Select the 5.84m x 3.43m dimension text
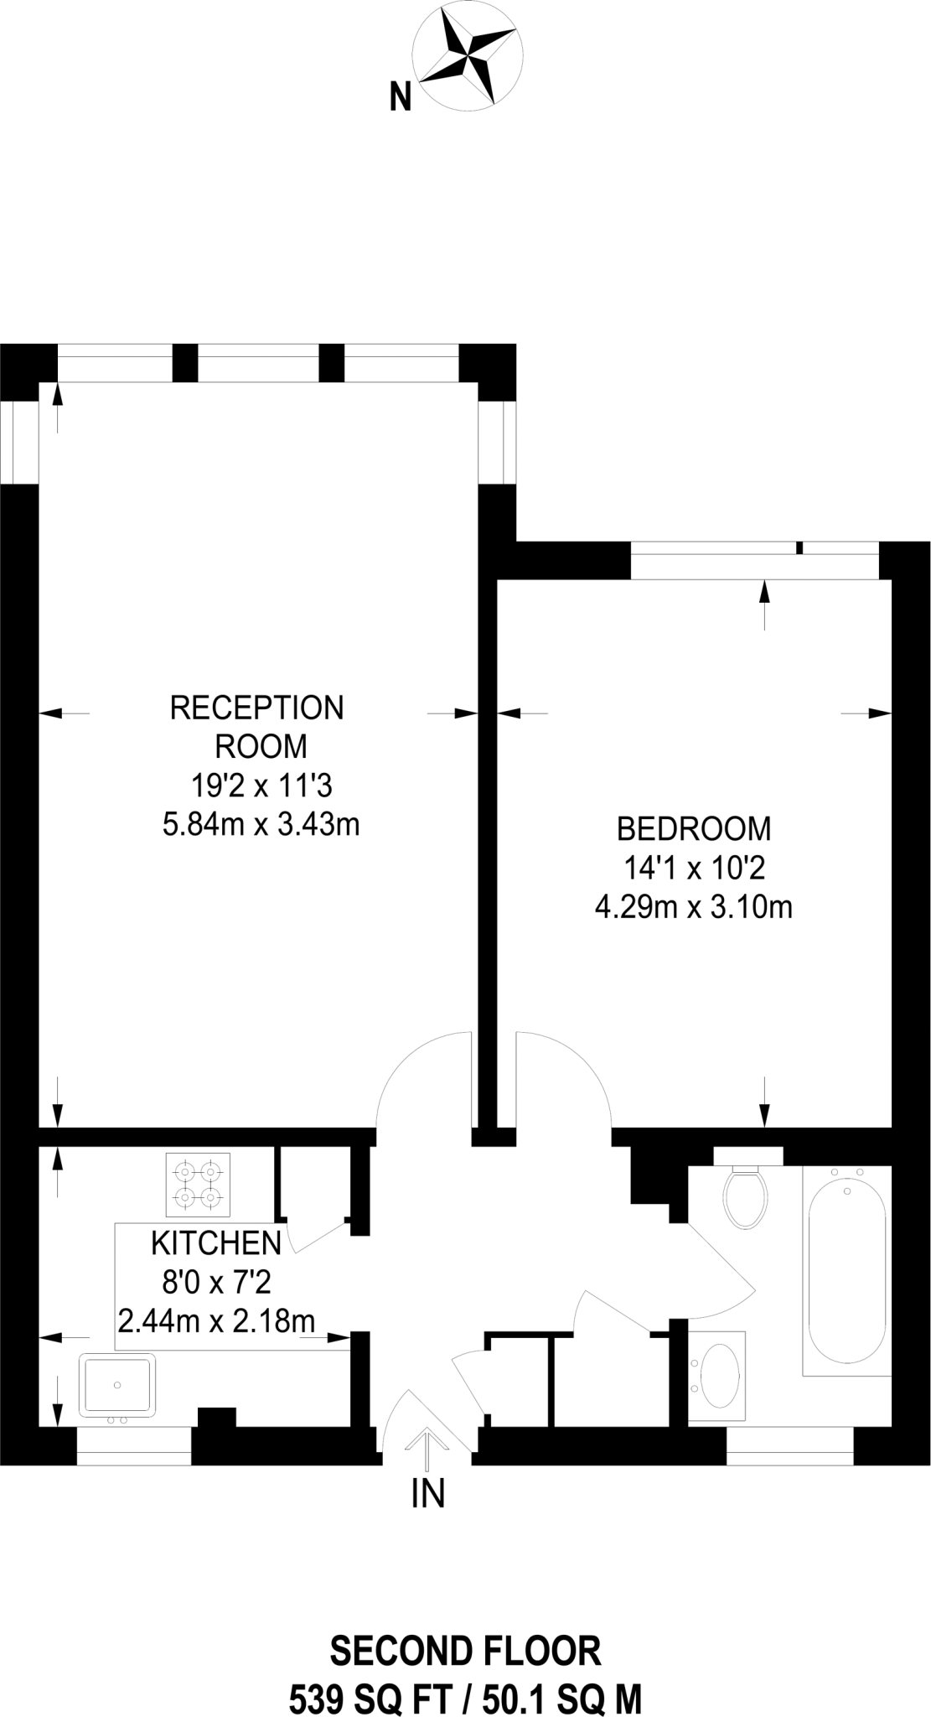(x=261, y=825)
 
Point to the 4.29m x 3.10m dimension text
(x=693, y=907)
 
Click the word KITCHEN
(x=216, y=1242)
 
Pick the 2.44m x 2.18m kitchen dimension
(x=216, y=1322)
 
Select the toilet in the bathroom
(x=745, y=1196)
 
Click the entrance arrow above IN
(x=427, y=1448)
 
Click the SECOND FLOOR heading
(x=465, y=1652)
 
